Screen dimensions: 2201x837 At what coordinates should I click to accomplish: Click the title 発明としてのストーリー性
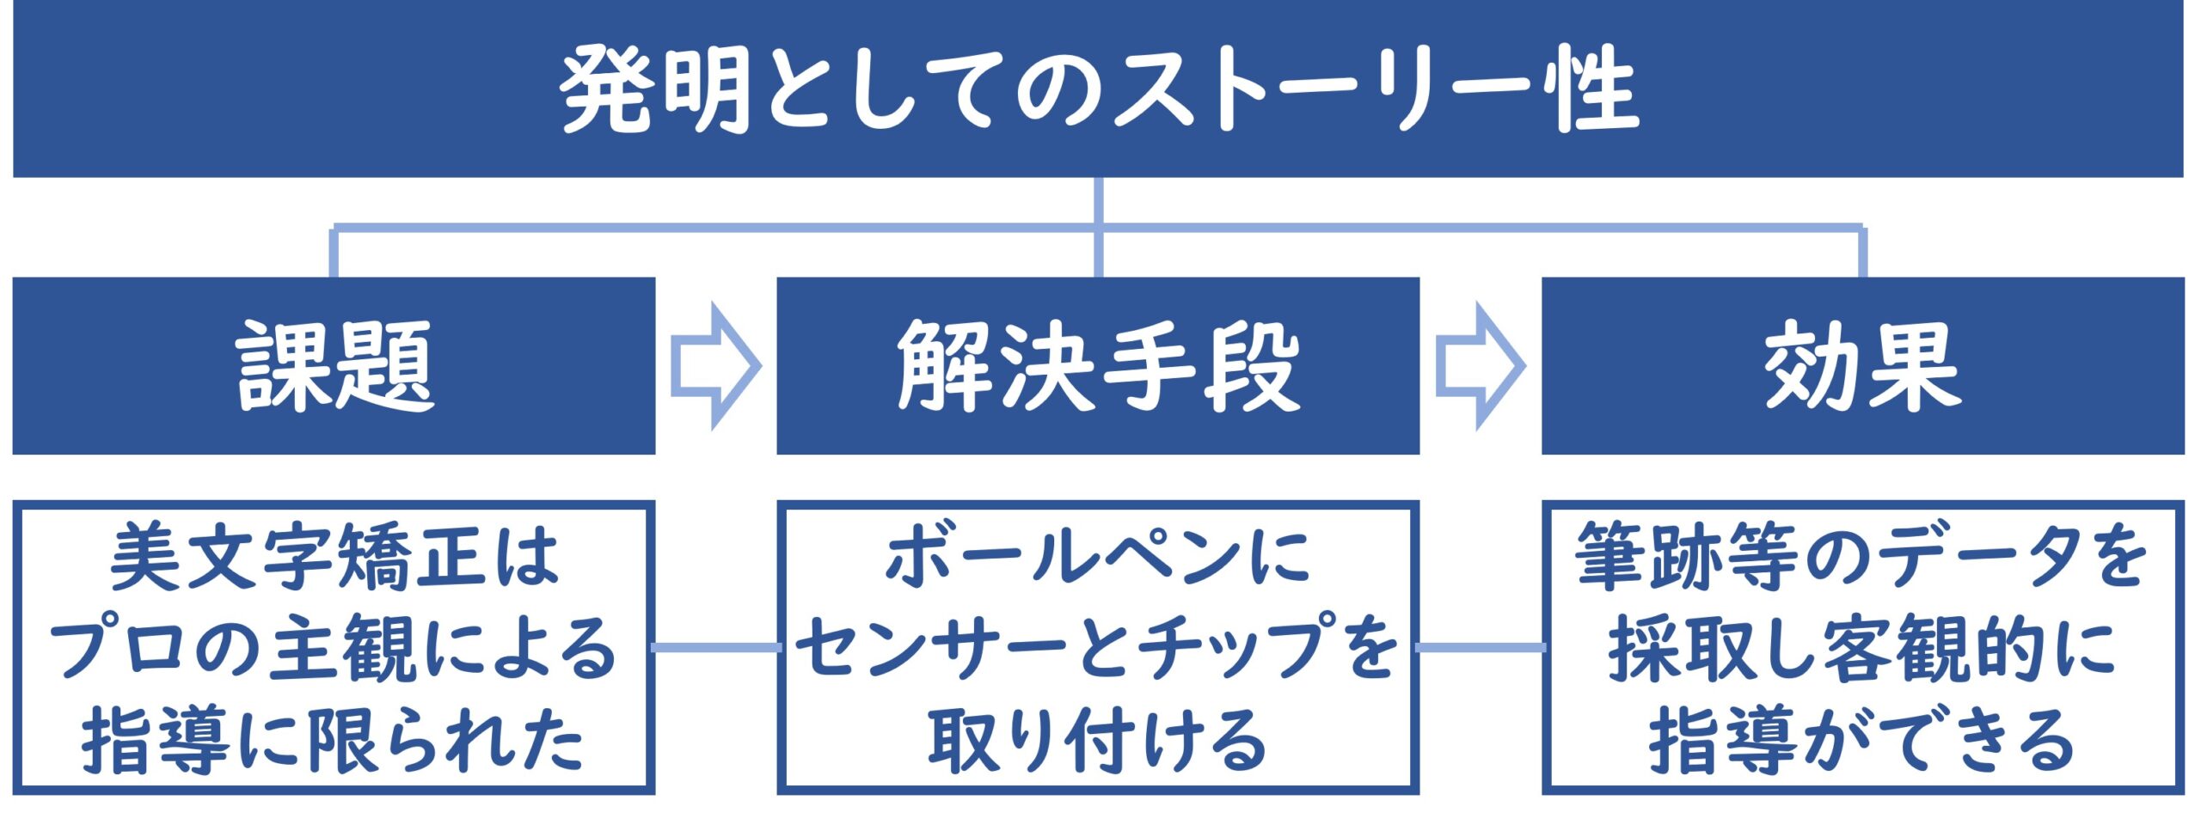[1100, 89]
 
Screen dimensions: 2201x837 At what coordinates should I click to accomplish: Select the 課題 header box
[334, 365]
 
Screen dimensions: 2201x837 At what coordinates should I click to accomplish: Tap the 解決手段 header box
[1098, 365]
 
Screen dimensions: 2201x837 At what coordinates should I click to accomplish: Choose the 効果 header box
[1863, 365]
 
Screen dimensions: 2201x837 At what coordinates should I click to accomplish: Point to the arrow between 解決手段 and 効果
[1481, 366]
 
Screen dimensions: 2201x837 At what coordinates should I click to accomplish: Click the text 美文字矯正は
[334, 557]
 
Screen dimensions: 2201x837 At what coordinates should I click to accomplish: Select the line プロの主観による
[334, 649]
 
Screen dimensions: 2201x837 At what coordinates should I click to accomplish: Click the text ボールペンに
[1098, 557]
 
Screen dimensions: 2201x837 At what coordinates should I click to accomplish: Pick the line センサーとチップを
[1098, 649]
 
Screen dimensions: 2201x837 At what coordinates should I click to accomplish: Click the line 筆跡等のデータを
[1862, 557]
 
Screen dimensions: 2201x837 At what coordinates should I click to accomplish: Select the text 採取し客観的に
[1862, 649]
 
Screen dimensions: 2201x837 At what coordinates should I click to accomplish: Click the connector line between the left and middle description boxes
[716, 647]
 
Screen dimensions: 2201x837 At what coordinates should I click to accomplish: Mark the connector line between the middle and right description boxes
[1481, 647]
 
